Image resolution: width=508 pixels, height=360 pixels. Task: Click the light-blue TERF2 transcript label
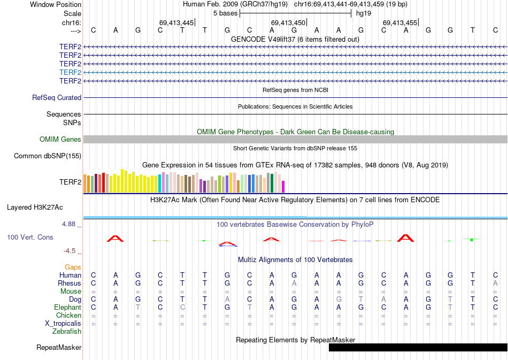70,72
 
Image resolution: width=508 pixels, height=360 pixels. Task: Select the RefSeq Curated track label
57,98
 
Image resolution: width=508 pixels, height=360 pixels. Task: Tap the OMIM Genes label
60,140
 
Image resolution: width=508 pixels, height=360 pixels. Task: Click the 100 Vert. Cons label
30,237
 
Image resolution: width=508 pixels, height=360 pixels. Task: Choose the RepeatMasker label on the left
59,348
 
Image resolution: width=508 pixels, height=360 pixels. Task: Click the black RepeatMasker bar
418,348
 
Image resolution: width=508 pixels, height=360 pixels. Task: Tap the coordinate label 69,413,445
176,23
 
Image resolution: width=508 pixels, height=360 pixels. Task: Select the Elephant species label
67,308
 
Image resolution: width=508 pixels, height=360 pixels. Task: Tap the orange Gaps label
73,267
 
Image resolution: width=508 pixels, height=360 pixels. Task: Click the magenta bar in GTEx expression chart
283,186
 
